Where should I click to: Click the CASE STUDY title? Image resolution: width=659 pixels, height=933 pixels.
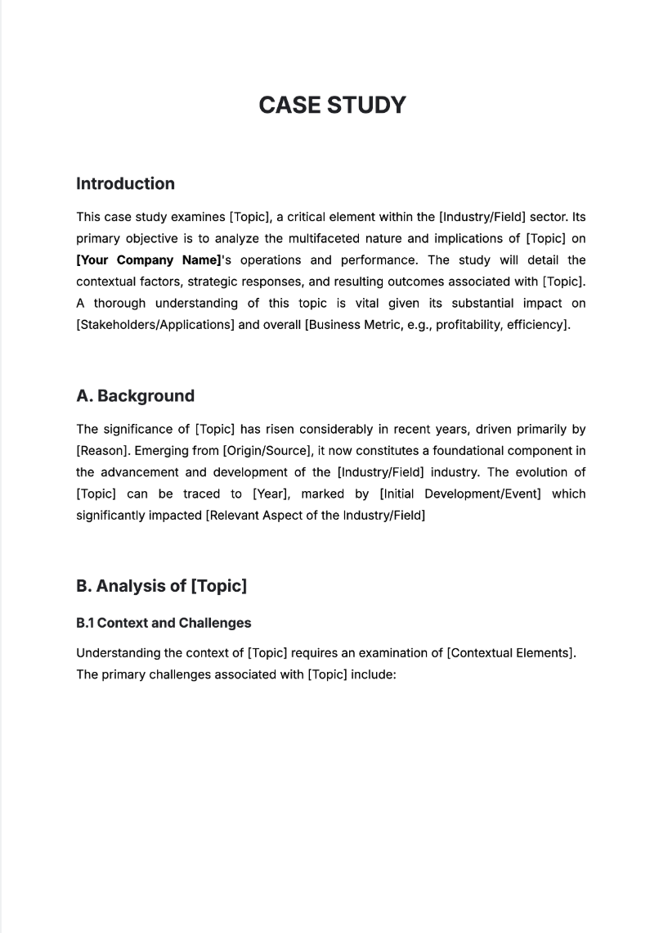(332, 106)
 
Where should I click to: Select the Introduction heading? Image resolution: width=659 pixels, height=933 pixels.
(125, 184)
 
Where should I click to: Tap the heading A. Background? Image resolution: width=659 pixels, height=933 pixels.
(135, 396)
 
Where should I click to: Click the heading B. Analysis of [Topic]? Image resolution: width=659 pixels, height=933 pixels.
(161, 586)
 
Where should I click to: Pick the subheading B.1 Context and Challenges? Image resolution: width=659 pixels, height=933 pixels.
(164, 623)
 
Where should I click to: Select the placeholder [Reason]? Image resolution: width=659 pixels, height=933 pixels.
(102, 451)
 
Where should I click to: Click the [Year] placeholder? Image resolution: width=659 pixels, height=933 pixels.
(268, 494)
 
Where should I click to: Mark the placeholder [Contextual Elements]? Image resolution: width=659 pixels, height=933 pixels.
(510, 653)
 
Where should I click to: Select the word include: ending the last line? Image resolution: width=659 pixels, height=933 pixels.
(374, 675)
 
